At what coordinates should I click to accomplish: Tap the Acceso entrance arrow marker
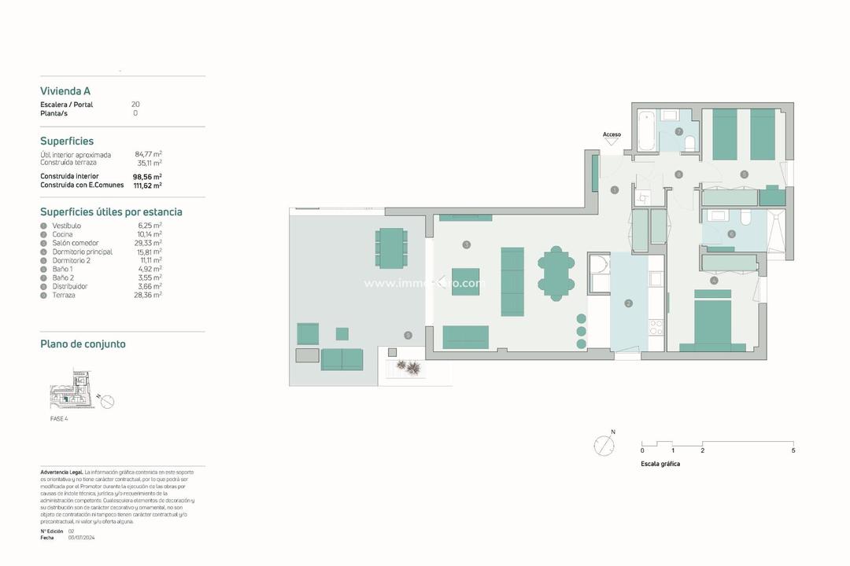click(x=612, y=141)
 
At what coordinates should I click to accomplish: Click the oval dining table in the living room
click(x=556, y=273)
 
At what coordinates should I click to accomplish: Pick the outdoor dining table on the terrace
click(x=390, y=248)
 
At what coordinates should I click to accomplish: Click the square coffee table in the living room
click(x=465, y=281)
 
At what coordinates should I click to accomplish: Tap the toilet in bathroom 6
click(x=745, y=218)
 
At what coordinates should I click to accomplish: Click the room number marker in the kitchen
click(x=628, y=303)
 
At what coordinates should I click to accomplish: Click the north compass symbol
click(x=604, y=444)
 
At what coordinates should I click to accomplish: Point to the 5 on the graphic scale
click(x=793, y=450)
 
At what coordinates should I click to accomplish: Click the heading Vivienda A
click(x=65, y=91)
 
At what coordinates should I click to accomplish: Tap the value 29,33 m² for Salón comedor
click(x=150, y=243)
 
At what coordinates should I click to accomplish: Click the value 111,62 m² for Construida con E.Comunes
click(x=147, y=186)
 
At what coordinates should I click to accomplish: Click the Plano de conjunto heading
click(x=83, y=344)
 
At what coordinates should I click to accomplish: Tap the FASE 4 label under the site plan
click(x=59, y=419)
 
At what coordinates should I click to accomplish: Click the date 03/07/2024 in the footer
click(x=81, y=538)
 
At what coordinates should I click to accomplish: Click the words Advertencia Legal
click(x=61, y=472)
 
